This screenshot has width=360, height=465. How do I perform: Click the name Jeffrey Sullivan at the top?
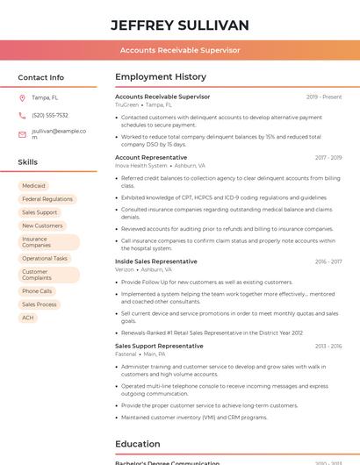180,25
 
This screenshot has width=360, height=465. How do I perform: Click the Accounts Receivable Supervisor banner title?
180,50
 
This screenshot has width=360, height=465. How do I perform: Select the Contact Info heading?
40,77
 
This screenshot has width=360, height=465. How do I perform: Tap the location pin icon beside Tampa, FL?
22,98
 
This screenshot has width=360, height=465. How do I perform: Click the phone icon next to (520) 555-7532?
22,115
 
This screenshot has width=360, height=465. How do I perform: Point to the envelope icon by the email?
22,134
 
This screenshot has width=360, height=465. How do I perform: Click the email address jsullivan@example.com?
58,134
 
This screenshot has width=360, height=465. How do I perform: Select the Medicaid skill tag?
33,186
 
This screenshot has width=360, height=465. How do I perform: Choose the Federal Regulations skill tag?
47,199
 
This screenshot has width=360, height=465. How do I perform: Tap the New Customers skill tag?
42,225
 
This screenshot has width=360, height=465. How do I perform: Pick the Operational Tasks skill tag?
45,258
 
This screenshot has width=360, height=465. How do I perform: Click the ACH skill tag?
28,318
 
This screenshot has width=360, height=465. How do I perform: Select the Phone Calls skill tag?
37,291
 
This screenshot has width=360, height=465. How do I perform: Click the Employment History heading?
161,77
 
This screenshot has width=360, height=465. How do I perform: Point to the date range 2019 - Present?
324,97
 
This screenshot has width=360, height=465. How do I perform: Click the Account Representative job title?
152,158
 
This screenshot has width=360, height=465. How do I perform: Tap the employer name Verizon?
125,269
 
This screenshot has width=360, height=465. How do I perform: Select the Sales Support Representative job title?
159,346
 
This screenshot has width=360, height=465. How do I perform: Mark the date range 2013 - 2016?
328,346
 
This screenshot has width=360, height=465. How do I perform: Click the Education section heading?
138,444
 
